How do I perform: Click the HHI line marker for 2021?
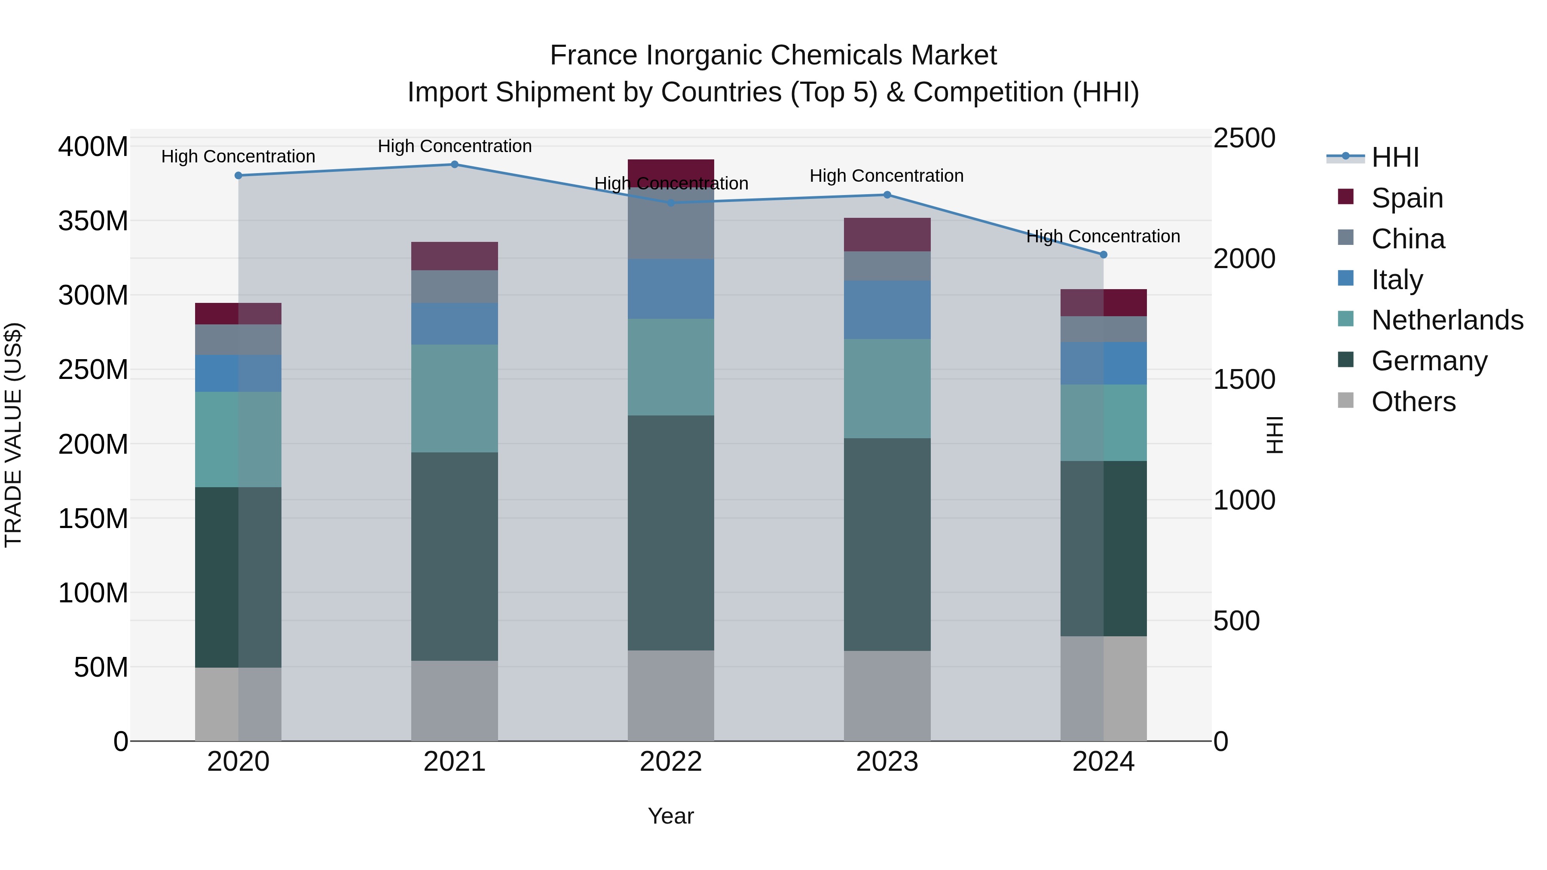(x=455, y=165)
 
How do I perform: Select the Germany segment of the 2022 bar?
(x=671, y=533)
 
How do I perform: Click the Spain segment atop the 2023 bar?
(x=887, y=235)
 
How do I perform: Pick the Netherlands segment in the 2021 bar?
(x=455, y=398)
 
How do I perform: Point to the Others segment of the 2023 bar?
(x=887, y=696)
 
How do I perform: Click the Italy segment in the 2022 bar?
(x=671, y=289)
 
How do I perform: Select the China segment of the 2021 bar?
(x=455, y=287)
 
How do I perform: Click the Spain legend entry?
(x=1406, y=198)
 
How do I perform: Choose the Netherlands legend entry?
(x=1446, y=320)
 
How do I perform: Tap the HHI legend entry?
(x=1394, y=157)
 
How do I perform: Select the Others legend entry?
(x=1412, y=402)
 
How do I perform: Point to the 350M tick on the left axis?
(x=93, y=221)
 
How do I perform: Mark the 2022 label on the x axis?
(x=671, y=762)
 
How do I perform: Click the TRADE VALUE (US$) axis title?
(x=13, y=435)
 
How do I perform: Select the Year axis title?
(x=671, y=816)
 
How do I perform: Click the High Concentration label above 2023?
(x=887, y=176)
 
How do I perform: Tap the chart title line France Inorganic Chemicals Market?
(x=773, y=55)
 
